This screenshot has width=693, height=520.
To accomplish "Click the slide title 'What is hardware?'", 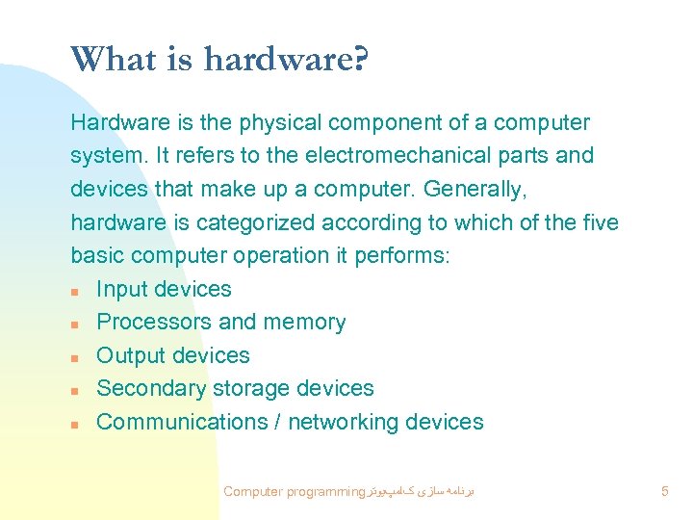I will click(219, 61).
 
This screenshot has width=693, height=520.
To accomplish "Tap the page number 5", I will click(665, 492).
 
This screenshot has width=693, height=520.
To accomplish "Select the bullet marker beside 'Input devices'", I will click(75, 291).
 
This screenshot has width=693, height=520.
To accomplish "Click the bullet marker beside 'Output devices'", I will click(75, 357).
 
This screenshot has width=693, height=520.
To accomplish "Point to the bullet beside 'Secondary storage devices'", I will click(75, 390).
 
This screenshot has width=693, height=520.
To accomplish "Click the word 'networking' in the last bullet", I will click(343, 422).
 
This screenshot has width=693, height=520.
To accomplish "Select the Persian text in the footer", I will click(422, 492).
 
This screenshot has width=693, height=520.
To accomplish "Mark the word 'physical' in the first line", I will click(277, 123).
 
